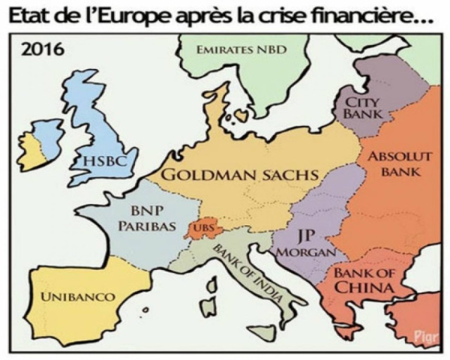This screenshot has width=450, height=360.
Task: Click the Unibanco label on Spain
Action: [77, 297]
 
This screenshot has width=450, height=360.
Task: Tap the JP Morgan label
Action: [304, 243]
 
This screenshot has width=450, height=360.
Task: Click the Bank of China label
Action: [363, 279]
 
